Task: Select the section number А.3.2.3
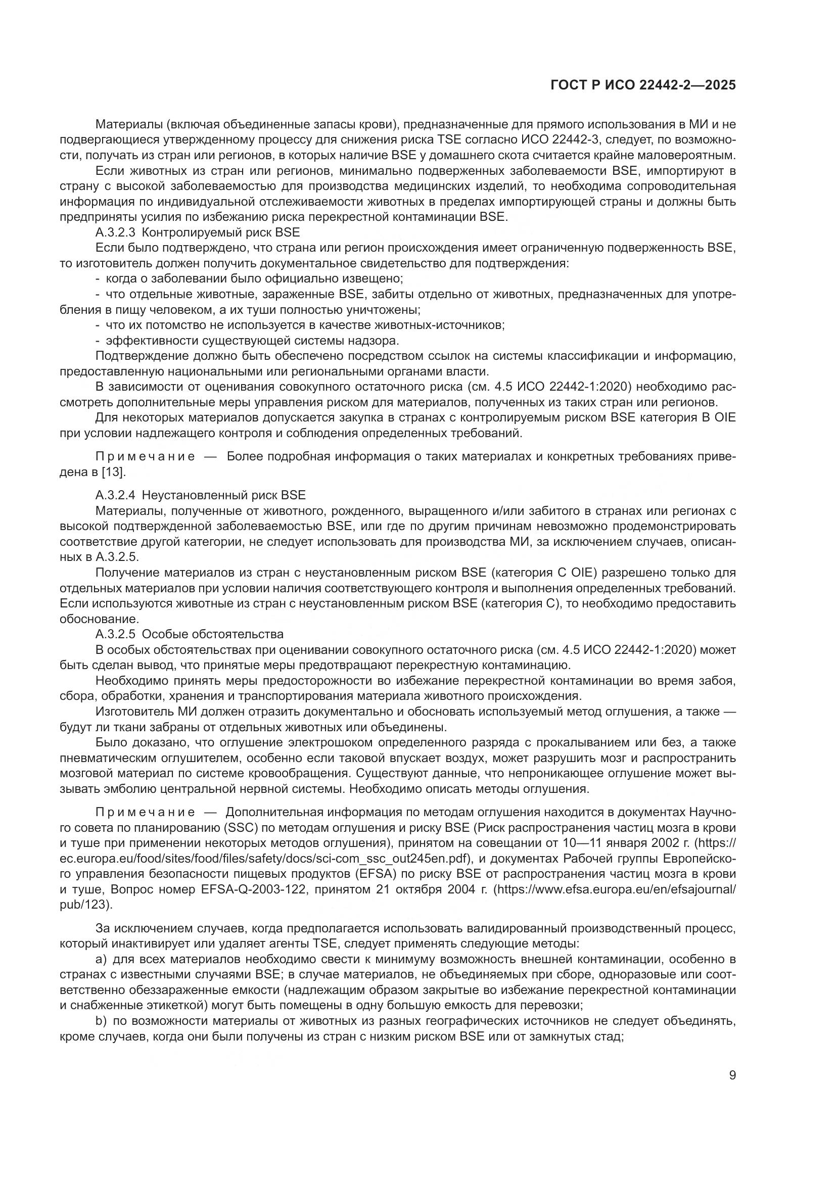[115, 232]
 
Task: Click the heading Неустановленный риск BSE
[223, 495]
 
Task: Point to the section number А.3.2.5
[115, 634]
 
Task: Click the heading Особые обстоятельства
[212, 634]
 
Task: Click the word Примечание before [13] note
[145, 457]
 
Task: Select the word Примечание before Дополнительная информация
[145, 813]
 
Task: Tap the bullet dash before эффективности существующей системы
[98, 341]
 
